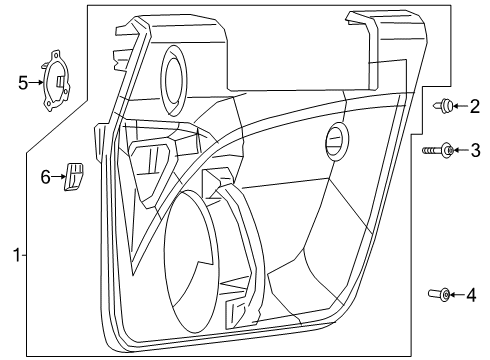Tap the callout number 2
tap(474, 106)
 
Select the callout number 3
tap(475, 151)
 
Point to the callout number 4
tap(474, 294)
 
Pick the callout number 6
tap(45, 177)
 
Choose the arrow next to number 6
tap(58, 177)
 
